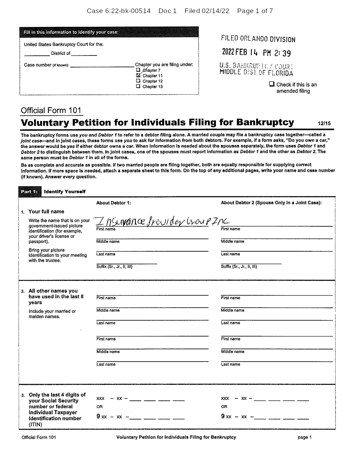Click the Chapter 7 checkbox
pyautogui.click(x=138, y=70)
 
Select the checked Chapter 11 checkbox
pyautogui.click(x=138, y=76)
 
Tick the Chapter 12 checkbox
pyautogui.click(x=138, y=81)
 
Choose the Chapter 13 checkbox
pyautogui.click(x=138, y=86)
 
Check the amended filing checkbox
pyautogui.click(x=271, y=84)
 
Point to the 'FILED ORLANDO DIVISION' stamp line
pyautogui.click(x=258, y=39)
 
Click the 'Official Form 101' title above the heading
pyautogui.click(x=51, y=110)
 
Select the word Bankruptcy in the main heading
pyautogui.click(x=265, y=123)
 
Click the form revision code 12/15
pyautogui.click(x=324, y=124)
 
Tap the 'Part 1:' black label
pyautogui.click(x=30, y=192)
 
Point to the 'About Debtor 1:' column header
pyautogui.click(x=114, y=203)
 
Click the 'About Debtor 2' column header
pyautogui.click(x=271, y=203)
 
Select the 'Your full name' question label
pyautogui.click(x=46, y=212)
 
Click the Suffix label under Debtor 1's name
pyautogui.click(x=114, y=267)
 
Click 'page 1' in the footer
pyautogui.click(x=305, y=437)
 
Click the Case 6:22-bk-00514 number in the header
pyautogui.click(x=119, y=11)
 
